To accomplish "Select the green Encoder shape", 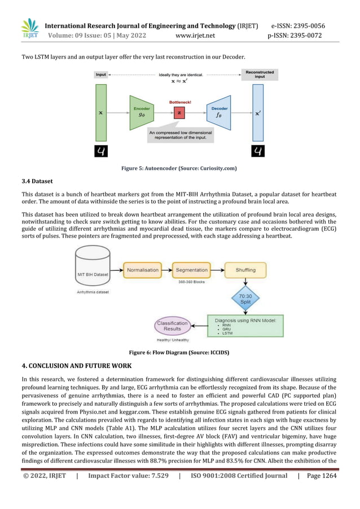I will click(x=141, y=112).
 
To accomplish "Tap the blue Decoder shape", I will click(x=219, y=112).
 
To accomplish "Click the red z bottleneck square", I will click(x=179, y=113).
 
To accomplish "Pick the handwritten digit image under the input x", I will click(x=101, y=151).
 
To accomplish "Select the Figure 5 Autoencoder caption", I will click(x=179, y=168).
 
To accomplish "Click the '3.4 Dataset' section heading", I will click(x=37, y=181).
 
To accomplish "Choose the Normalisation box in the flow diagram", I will click(x=143, y=270).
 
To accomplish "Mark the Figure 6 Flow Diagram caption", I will click(x=179, y=353).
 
